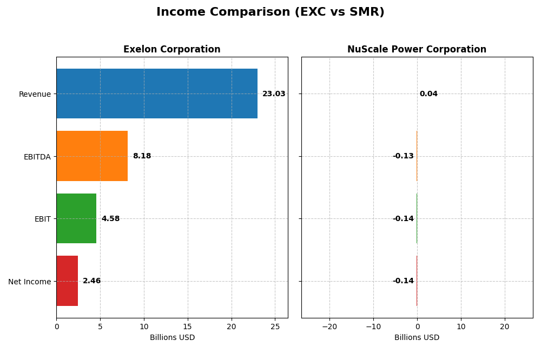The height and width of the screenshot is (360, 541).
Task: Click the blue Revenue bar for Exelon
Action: click(x=157, y=94)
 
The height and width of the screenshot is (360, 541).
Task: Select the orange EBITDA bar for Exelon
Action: click(x=92, y=156)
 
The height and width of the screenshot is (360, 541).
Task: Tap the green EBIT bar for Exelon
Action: click(x=76, y=218)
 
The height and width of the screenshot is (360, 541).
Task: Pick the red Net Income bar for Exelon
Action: click(x=67, y=281)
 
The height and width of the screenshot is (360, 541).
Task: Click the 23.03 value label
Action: click(x=274, y=94)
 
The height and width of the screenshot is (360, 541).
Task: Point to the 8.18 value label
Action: click(x=142, y=156)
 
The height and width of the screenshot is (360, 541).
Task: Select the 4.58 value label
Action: click(x=110, y=219)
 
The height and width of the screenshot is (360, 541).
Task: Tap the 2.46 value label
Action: click(x=91, y=281)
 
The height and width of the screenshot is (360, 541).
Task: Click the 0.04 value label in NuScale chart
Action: click(x=428, y=94)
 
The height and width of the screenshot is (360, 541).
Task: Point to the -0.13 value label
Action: click(x=403, y=156)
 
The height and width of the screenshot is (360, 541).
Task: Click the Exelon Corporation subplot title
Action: click(x=172, y=50)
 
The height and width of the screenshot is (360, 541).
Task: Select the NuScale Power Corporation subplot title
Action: click(x=417, y=50)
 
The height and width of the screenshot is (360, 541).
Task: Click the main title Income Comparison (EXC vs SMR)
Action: click(x=270, y=12)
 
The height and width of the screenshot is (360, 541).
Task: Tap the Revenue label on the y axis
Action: click(x=35, y=94)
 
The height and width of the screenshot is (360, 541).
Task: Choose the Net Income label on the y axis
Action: click(x=30, y=282)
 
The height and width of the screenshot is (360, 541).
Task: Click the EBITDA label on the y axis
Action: click(x=37, y=157)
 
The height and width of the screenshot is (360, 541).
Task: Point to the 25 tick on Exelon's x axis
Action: click(x=275, y=326)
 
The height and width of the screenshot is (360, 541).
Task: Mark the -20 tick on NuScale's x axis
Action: click(x=329, y=326)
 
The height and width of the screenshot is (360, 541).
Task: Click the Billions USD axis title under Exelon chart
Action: click(x=172, y=338)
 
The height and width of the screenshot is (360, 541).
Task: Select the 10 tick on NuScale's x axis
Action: click(x=461, y=326)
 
